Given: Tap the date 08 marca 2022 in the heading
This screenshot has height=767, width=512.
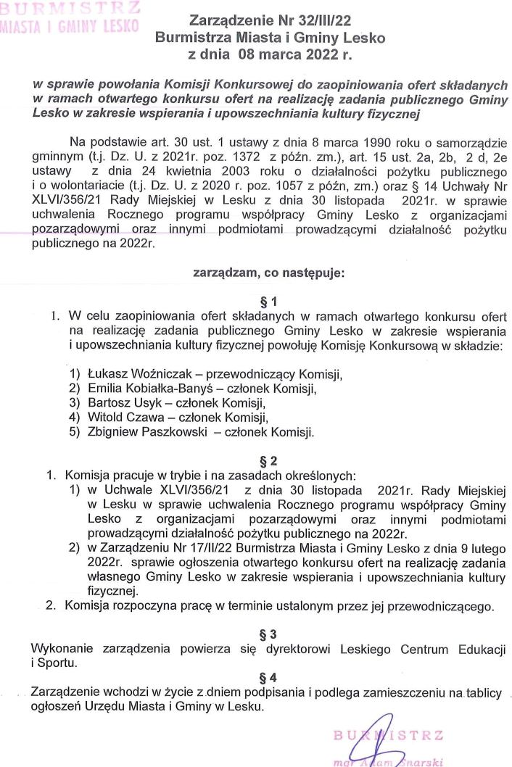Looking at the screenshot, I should coord(291,53).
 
